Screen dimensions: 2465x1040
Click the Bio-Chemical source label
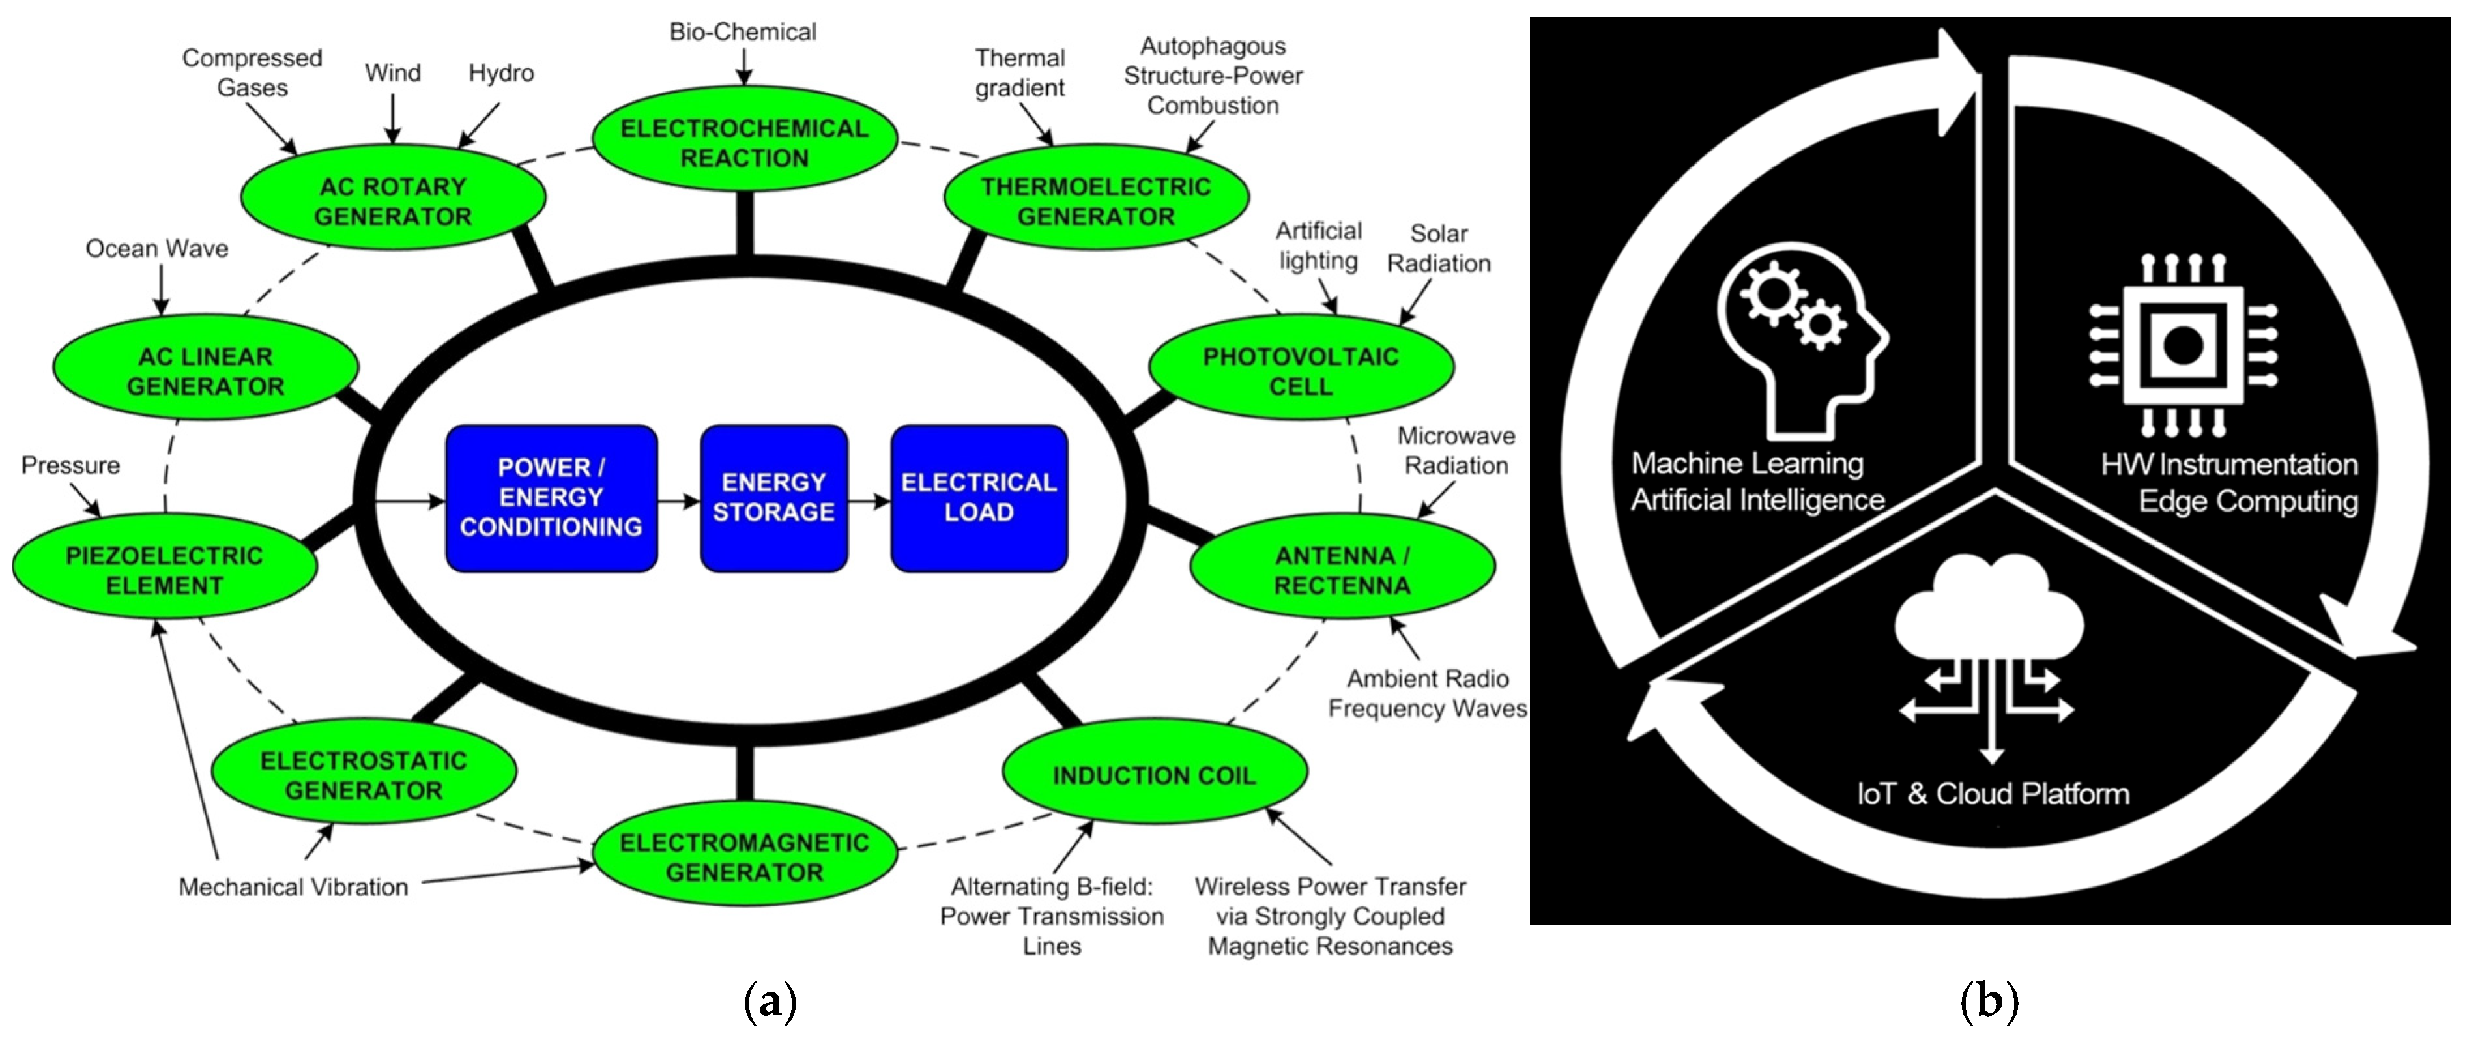coord(743,31)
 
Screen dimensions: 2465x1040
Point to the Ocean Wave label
coord(157,249)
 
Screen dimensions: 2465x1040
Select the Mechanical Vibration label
coord(293,887)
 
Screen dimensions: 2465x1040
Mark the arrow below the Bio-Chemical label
coord(743,66)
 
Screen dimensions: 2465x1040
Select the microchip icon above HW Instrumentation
coord(2184,345)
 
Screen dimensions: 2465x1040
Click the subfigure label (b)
coord(1989,1002)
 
